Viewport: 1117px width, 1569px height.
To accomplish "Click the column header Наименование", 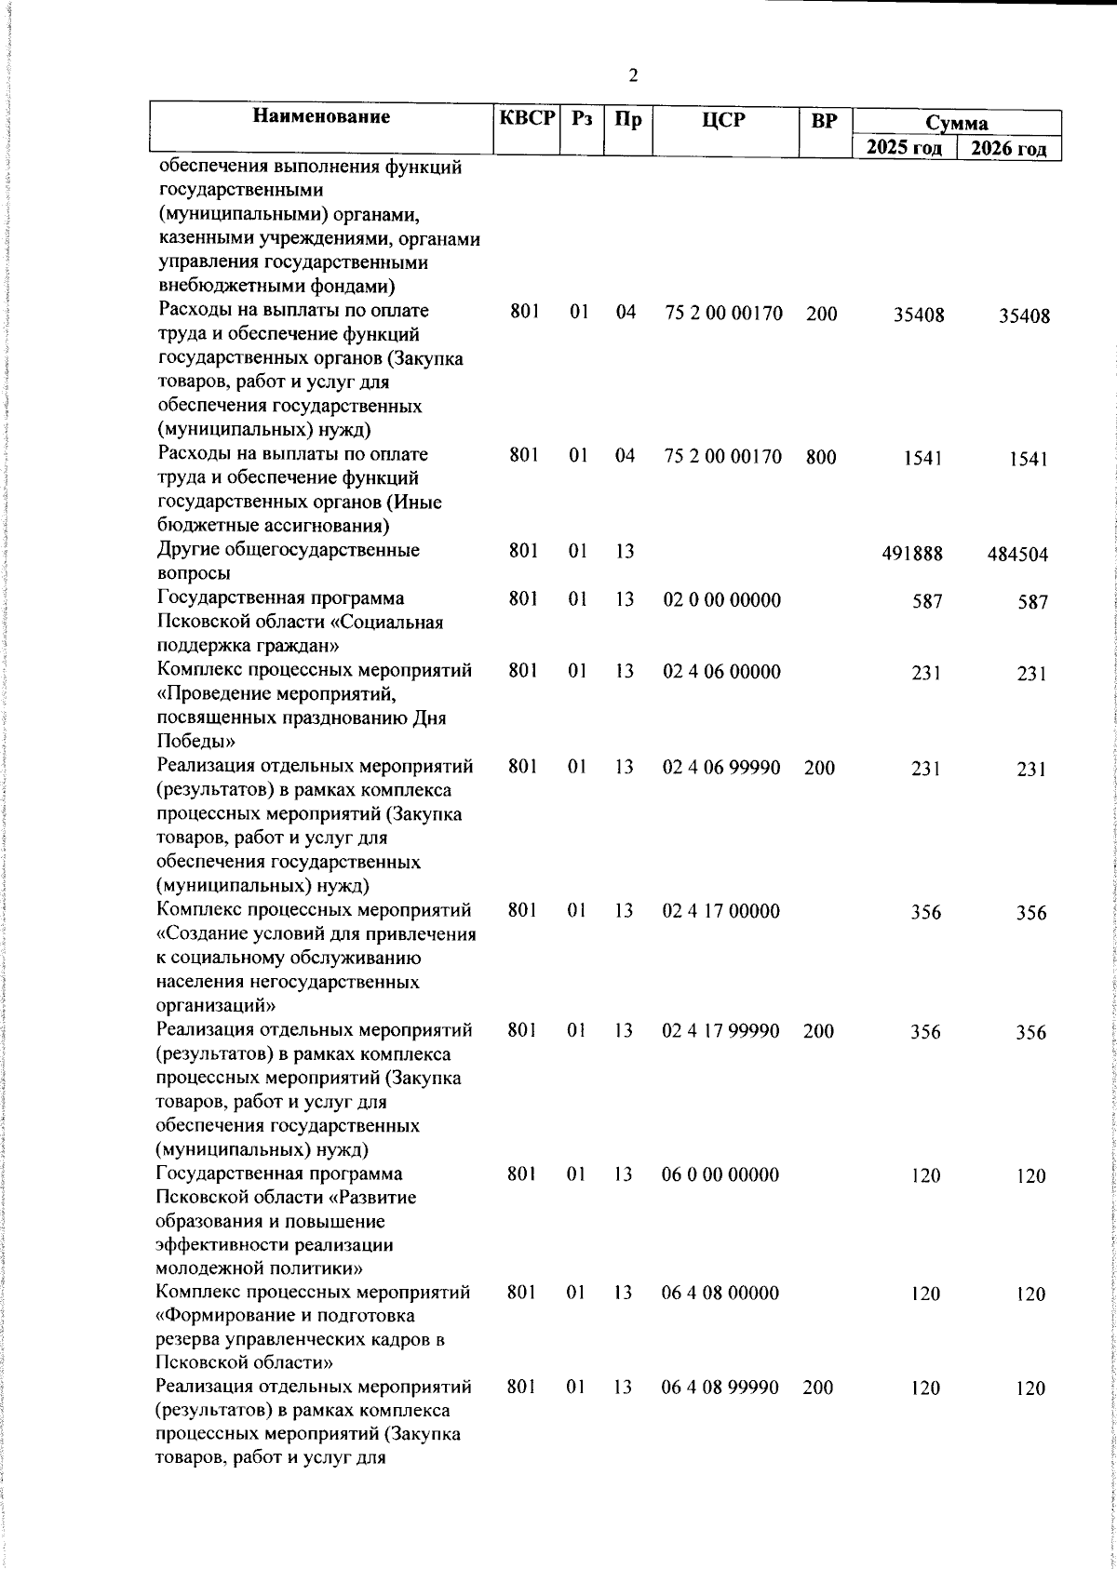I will [x=321, y=117].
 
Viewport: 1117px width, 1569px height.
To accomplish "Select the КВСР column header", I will [x=527, y=119].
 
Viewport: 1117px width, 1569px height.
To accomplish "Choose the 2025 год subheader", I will [x=904, y=148].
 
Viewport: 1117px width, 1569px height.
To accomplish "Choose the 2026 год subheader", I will [x=1009, y=150].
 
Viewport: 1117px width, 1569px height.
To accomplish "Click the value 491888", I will [x=912, y=554].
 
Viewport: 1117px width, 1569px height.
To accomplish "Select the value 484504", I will [x=1017, y=556].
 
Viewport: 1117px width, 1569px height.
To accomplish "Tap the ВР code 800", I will [x=821, y=457].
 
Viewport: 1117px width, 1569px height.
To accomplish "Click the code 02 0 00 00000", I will [x=722, y=600].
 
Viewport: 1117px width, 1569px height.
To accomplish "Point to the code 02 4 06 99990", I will [x=721, y=768].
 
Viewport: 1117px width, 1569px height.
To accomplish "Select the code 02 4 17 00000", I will [x=721, y=911].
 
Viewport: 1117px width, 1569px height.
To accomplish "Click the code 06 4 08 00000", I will [x=720, y=1293].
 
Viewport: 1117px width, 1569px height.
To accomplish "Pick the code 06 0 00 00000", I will [x=720, y=1174].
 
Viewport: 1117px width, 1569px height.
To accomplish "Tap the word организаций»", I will [x=216, y=1006].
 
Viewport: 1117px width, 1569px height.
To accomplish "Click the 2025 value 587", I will [x=927, y=602].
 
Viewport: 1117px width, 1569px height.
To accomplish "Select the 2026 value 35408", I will [x=1024, y=316].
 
